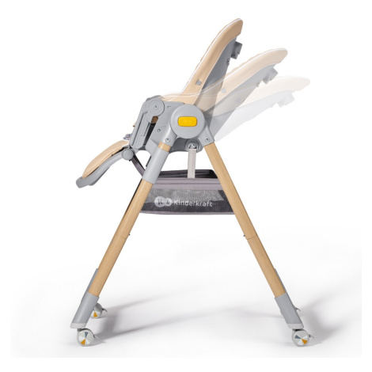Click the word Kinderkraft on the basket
tap(193, 203)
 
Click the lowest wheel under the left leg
tap(85, 336)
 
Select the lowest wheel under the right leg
tap(301, 337)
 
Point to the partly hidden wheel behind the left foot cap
tap(98, 311)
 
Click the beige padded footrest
tap(104, 160)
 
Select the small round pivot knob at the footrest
tap(127, 154)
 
